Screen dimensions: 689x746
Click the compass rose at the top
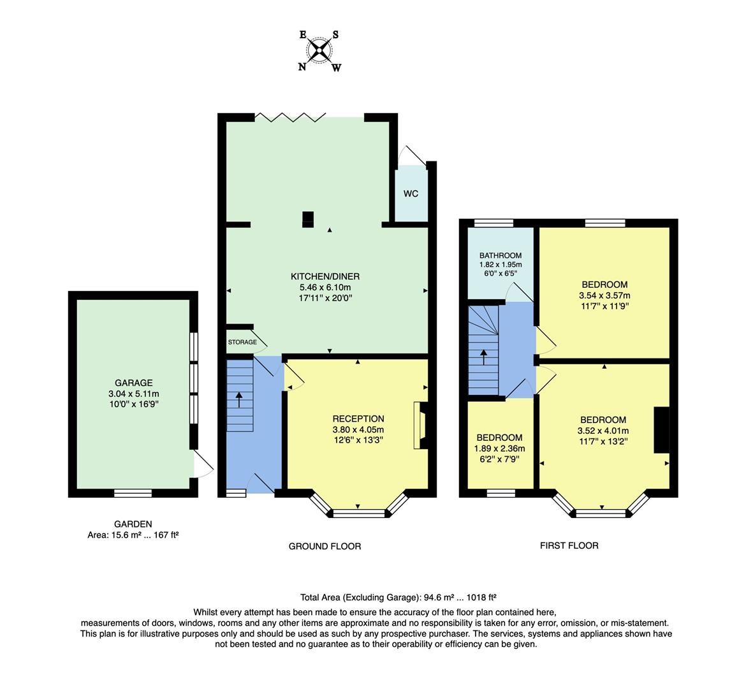pos(319,50)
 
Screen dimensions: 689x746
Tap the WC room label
pos(411,193)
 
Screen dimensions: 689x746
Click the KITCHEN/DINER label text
pos(325,276)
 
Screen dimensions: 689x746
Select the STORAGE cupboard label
pos(242,343)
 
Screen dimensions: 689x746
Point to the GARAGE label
pos(133,383)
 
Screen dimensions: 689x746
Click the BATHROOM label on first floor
pos(501,255)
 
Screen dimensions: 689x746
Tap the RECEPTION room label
pos(358,419)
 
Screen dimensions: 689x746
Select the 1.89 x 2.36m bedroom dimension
pos(500,448)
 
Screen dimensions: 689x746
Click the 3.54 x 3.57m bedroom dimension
pos(604,295)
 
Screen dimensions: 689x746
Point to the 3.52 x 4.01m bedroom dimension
pos(603,430)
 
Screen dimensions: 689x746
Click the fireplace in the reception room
pos(421,426)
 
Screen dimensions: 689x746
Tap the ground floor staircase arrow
pos(239,399)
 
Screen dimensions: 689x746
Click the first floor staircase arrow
pos(483,356)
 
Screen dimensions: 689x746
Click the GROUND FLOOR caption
pos(325,546)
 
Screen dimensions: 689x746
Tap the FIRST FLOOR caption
pos(569,545)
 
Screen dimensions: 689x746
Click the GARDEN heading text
pos(133,524)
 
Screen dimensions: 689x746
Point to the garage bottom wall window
pos(133,493)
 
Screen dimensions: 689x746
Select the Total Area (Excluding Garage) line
pos(398,598)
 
